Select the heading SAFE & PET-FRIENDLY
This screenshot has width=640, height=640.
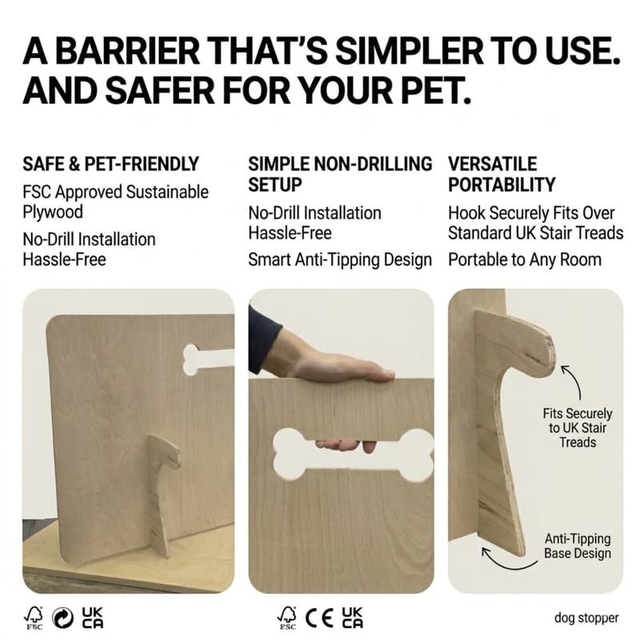pos(110,165)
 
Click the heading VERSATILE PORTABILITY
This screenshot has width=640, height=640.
pos(501,174)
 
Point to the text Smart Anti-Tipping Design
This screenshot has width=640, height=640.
pos(340,260)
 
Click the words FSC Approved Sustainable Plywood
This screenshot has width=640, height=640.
pos(115,202)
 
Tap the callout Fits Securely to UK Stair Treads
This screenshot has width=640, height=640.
pos(578,428)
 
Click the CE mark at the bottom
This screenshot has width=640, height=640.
pos(320,617)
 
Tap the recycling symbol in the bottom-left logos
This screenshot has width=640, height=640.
pos(61,617)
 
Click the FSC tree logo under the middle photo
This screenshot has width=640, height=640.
pos(286,617)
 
